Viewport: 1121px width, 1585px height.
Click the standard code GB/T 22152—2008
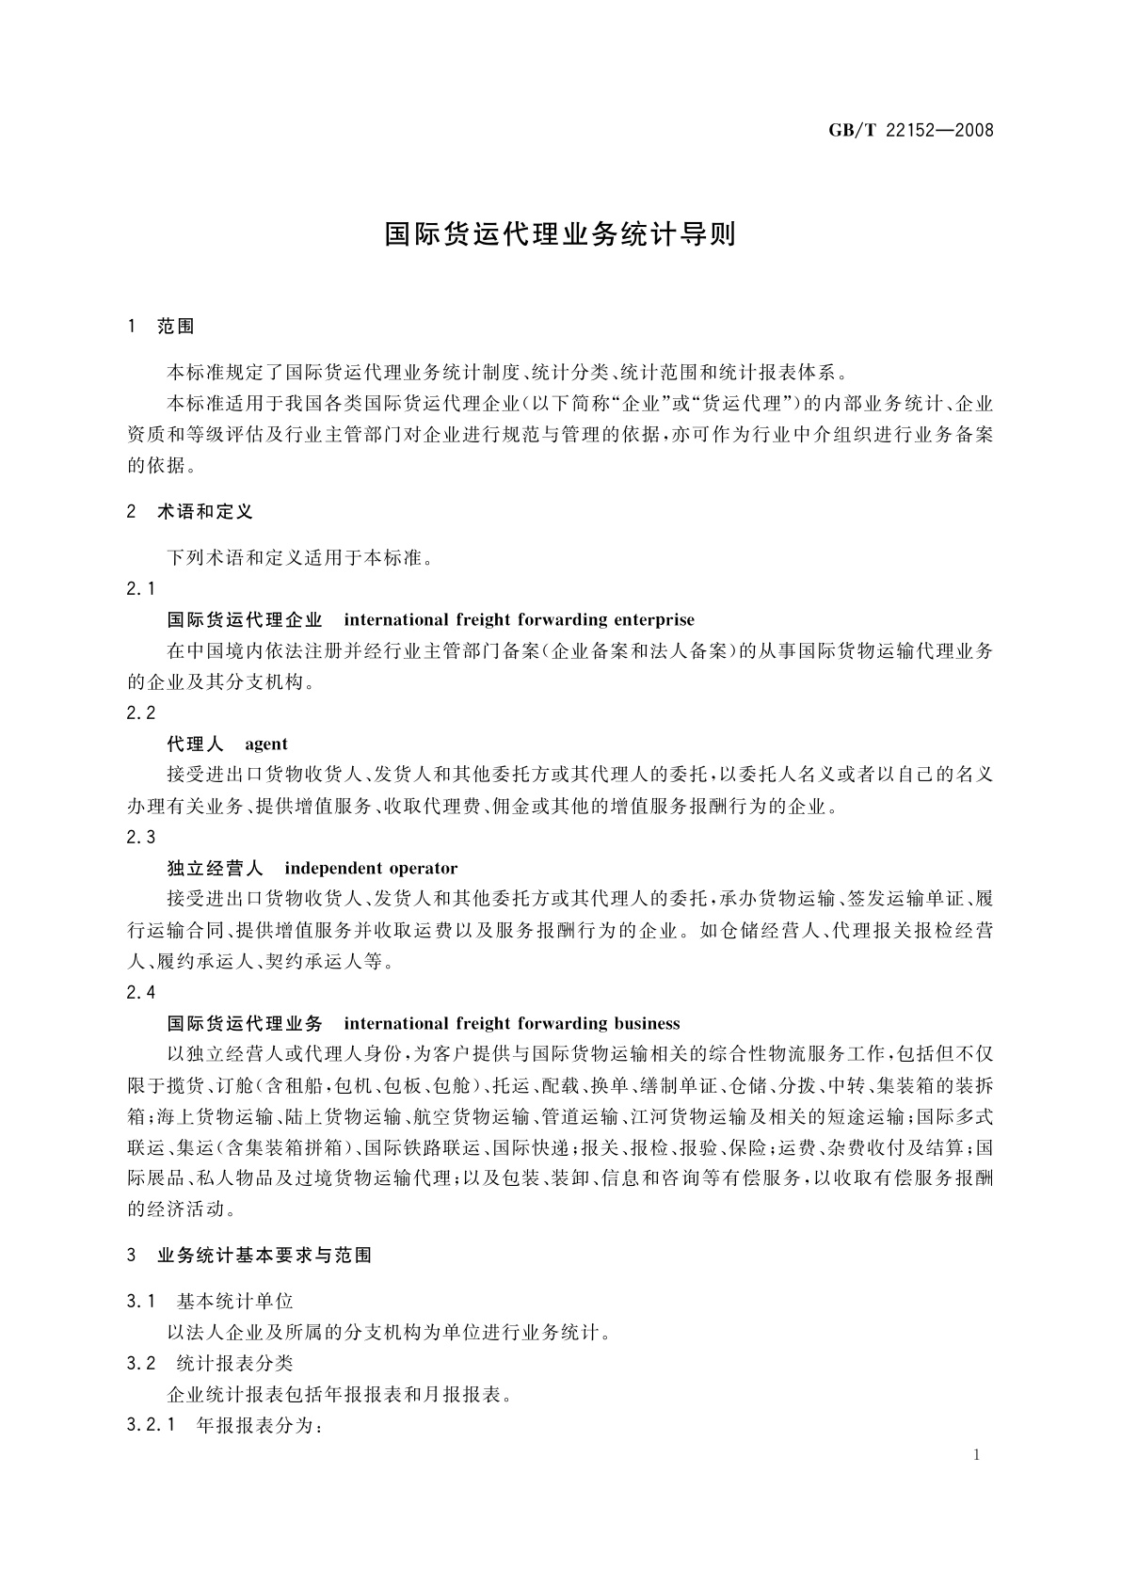pyautogui.click(x=910, y=130)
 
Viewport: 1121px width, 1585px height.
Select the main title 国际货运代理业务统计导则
pyautogui.click(x=560, y=234)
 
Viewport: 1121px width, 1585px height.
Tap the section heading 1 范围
pyautogui.click(x=161, y=327)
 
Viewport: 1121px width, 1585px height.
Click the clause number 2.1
pyautogui.click(x=141, y=588)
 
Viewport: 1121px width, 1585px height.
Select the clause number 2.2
pyautogui.click(x=141, y=712)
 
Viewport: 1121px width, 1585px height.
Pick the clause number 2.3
pyautogui.click(x=141, y=837)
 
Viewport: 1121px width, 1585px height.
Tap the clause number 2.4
pyautogui.click(x=141, y=992)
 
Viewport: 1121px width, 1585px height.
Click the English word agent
pyautogui.click(x=266, y=744)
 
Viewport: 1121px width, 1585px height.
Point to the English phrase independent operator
pyautogui.click(x=371, y=868)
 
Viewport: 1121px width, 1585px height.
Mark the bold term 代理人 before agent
pyautogui.click(x=195, y=744)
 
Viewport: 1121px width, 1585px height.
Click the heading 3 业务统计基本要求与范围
pyautogui.click(x=249, y=1255)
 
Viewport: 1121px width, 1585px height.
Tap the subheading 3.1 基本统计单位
pyautogui.click(x=210, y=1302)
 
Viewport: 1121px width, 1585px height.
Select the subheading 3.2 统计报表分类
pyautogui.click(x=210, y=1363)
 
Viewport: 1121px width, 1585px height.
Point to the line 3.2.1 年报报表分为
pyautogui.click(x=225, y=1425)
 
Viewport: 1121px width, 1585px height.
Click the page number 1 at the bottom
pyautogui.click(x=976, y=1455)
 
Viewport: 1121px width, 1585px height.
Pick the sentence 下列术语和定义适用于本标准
pyautogui.click(x=299, y=557)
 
